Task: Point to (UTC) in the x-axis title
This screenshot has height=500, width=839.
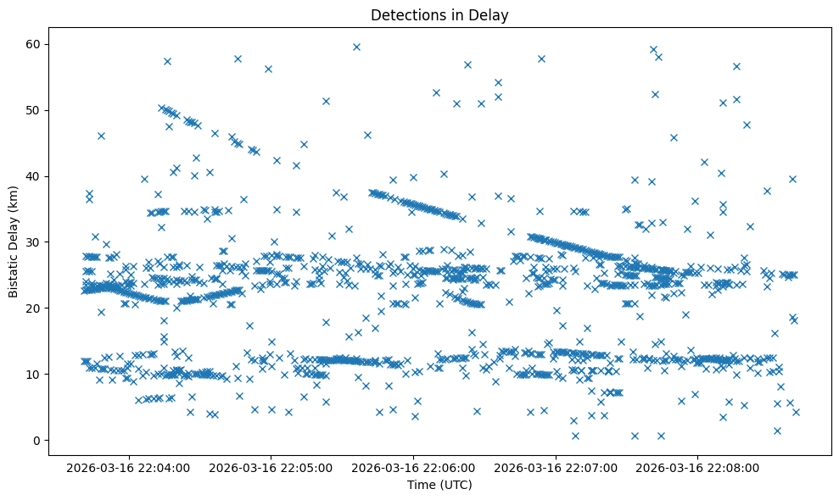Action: pyautogui.click(x=452, y=485)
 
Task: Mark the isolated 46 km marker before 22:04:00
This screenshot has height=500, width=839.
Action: pyautogui.click(x=101, y=136)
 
